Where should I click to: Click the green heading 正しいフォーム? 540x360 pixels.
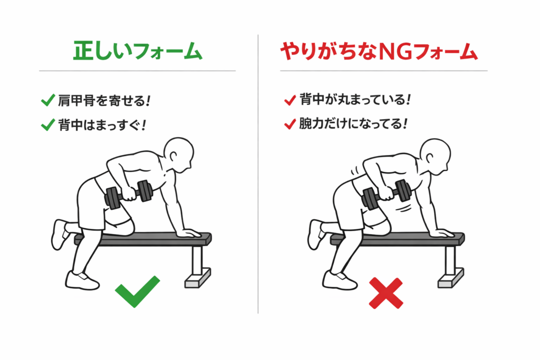click(138, 51)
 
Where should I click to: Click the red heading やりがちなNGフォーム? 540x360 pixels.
click(379, 52)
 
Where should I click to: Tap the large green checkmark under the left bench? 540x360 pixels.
click(138, 291)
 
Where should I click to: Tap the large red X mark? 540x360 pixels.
click(385, 293)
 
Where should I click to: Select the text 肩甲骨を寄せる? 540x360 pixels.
click(104, 101)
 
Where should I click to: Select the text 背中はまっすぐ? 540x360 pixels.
click(102, 125)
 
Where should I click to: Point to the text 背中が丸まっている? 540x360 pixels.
click(355, 100)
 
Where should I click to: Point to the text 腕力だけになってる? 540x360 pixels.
click(353, 123)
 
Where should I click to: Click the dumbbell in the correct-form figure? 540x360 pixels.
click(129, 194)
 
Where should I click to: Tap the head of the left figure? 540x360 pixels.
click(179, 155)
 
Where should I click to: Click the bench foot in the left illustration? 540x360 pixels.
click(198, 278)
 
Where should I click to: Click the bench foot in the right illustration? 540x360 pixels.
click(451, 278)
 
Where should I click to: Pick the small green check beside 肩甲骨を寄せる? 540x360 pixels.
click(48, 100)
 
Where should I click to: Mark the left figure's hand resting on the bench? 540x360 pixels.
click(189, 233)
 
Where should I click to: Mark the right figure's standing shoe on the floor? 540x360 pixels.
click(340, 280)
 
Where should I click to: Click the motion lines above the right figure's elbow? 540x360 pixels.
click(355, 170)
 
